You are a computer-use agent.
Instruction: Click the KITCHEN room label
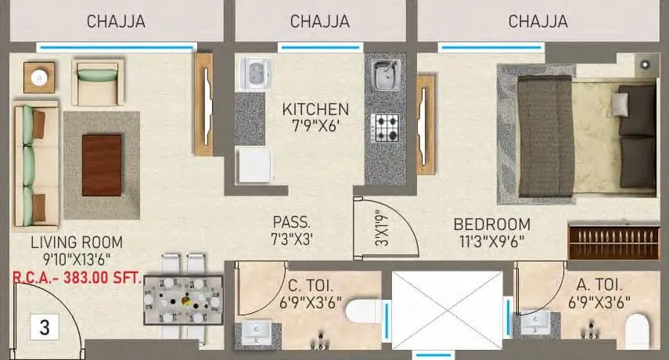pyautogui.click(x=315, y=109)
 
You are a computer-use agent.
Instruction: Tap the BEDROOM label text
pyautogui.click(x=491, y=224)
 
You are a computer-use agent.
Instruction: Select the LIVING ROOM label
pyautogui.click(x=66, y=242)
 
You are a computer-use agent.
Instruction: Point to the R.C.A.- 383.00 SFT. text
pyautogui.click(x=75, y=276)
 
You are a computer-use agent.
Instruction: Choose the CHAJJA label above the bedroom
pyautogui.click(x=538, y=22)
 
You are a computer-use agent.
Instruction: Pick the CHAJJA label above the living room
pyautogui.click(x=116, y=22)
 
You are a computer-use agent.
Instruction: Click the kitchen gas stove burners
pyautogui.click(x=385, y=127)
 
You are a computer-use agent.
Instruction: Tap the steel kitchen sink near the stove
pyautogui.click(x=384, y=76)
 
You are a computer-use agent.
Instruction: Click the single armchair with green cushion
pyautogui.click(x=97, y=83)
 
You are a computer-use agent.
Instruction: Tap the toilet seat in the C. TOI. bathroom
pyautogui.click(x=361, y=312)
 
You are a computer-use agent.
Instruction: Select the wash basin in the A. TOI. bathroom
pyautogui.click(x=539, y=321)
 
